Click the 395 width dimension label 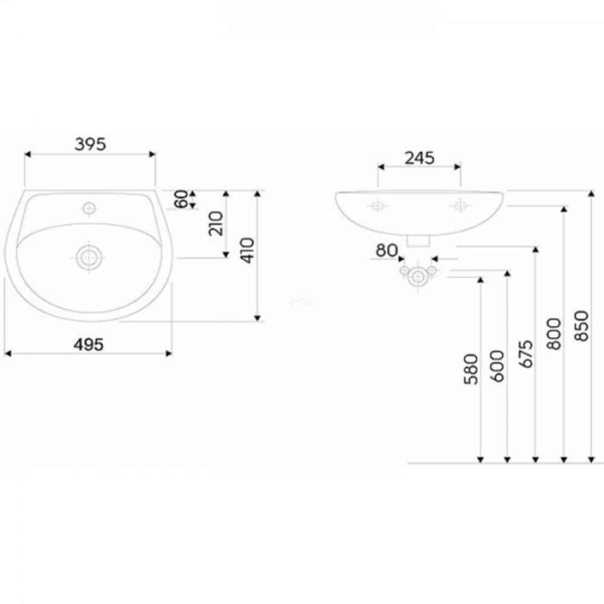tap(90, 144)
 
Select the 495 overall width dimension tap(89, 344)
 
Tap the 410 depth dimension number tap(248, 251)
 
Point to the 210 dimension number tap(216, 223)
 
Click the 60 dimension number tap(181, 199)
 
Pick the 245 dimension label tap(420, 158)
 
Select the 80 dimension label tap(387, 251)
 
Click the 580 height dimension tap(472, 369)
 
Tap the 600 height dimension tap(498, 366)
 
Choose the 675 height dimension tap(526, 353)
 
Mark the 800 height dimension tap(554, 333)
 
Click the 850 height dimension tap(582, 326)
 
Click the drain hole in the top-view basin tap(89, 257)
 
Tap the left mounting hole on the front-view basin tap(378, 206)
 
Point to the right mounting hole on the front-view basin tap(460, 206)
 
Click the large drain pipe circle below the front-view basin tap(418, 277)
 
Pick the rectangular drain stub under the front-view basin tap(419, 240)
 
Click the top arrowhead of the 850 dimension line tap(591, 193)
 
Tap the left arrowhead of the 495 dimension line tap(7, 353)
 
